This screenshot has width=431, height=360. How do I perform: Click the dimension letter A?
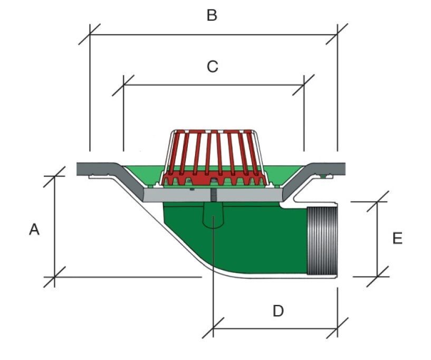coord(34,230)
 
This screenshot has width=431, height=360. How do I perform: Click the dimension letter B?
coord(212,15)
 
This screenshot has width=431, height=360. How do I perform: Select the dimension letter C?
coord(212,67)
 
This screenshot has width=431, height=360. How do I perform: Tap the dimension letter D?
coord(278,311)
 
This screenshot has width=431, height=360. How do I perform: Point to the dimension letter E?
coord(397,239)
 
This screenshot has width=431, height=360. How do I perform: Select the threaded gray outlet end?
coord(322,240)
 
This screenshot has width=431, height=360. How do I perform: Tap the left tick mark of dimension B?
coord(90,34)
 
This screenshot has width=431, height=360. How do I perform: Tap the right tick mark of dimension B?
coord(337,34)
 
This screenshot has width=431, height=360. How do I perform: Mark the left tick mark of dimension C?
coord(123,85)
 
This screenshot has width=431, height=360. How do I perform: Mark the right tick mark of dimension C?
coord(304,85)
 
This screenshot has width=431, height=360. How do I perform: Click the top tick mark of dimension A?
coord(54,176)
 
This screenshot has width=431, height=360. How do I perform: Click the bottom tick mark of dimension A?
coord(54,276)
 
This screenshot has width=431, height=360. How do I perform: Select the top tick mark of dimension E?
coord(378,201)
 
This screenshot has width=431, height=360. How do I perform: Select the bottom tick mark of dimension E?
coord(378,276)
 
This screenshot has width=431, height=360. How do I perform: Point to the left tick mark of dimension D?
coord(213,328)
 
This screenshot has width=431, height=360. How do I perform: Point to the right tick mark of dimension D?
coord(337,328)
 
